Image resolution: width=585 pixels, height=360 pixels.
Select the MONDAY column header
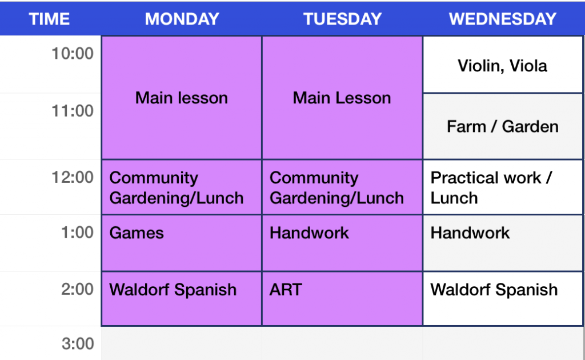[182, 19]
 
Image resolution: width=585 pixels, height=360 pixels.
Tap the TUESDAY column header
[342, 19]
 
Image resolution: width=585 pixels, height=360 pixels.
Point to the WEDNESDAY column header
[503, 19]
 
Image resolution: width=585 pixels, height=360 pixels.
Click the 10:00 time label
[73, 54]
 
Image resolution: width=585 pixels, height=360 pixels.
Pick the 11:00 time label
[73, 111]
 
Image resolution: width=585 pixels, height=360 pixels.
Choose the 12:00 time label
[73, 177]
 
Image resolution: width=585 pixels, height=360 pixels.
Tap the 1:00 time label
[77, 233]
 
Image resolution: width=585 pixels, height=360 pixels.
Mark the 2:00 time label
[77, 289]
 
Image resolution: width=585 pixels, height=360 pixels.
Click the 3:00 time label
[77, 344]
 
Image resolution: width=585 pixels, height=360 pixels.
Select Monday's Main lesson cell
[182, 98]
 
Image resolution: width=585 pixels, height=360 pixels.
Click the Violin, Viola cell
[503, 66]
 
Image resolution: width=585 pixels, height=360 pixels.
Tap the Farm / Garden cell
[503, 126]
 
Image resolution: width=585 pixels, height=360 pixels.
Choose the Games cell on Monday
[182, 242]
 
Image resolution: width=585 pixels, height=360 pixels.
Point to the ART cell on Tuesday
[342, 298]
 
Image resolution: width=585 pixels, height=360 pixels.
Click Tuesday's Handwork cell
[342, 242]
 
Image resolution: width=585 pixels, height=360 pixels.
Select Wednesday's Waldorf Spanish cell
[503, 298]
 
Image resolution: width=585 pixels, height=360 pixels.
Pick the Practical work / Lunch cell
[503, 187]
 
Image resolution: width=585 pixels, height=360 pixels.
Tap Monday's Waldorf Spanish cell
[182, 298]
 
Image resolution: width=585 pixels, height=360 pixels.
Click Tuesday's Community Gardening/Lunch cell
[342, 187]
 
